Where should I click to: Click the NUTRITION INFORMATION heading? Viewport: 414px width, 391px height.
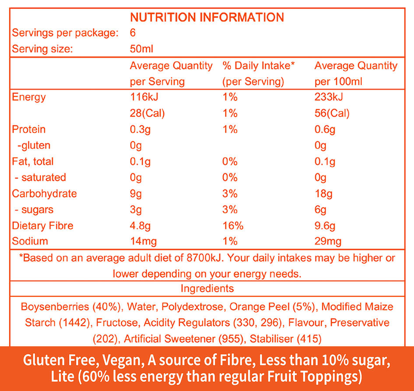(207, 18)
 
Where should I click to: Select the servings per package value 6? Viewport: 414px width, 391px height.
(133, 33)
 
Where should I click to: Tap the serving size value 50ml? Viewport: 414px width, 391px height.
(141, 49)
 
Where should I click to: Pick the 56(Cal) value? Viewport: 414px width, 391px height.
(332, 114)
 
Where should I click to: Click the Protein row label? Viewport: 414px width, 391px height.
(29, 129)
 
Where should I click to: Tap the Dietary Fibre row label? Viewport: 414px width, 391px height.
(42, 226)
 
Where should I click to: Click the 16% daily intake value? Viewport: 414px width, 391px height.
(233, 226)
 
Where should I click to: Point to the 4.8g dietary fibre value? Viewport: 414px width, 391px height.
(140, 226)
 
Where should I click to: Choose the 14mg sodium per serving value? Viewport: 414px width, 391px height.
(143, 241)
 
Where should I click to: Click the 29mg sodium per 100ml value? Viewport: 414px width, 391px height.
(328, 241)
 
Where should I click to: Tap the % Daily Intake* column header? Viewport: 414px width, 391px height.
(259, 66)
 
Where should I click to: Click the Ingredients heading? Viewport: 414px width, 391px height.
(207, 288)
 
